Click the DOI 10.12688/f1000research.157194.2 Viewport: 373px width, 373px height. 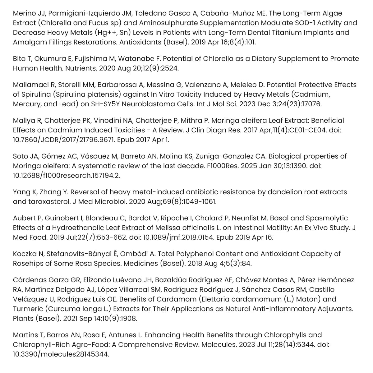[x=66, y=175]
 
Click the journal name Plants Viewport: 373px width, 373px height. [x=23, y=319]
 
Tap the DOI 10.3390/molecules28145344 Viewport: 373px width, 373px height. [x=61, y=354]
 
